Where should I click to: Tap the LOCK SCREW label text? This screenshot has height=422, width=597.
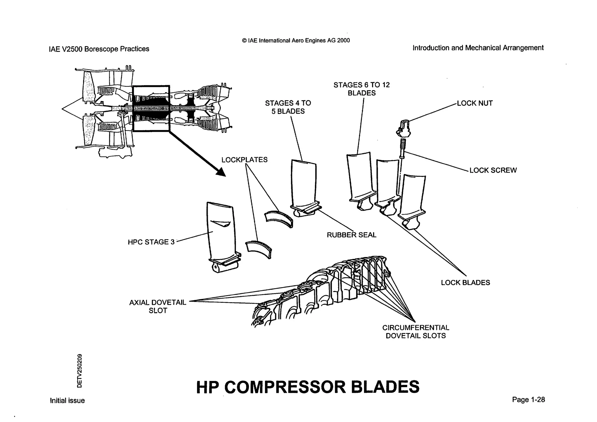[493, 170]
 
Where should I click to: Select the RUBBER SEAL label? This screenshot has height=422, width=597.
[351, 235]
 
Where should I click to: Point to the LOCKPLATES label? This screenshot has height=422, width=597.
[244, 160]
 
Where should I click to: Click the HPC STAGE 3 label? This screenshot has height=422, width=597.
[151, 242]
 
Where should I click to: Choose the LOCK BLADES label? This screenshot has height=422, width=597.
[465, 283]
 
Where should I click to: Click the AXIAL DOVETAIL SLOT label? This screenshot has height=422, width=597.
[158, 307]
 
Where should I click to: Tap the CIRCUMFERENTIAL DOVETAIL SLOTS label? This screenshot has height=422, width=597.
[416, 332]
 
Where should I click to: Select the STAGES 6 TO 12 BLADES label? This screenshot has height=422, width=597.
[361, 89]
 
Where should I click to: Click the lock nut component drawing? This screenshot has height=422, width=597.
[403, 129]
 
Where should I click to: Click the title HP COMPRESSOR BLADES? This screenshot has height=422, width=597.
[308, 387]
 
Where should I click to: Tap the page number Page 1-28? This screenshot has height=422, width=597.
[528, 400]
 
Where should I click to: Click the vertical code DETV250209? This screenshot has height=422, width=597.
[80, 371]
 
